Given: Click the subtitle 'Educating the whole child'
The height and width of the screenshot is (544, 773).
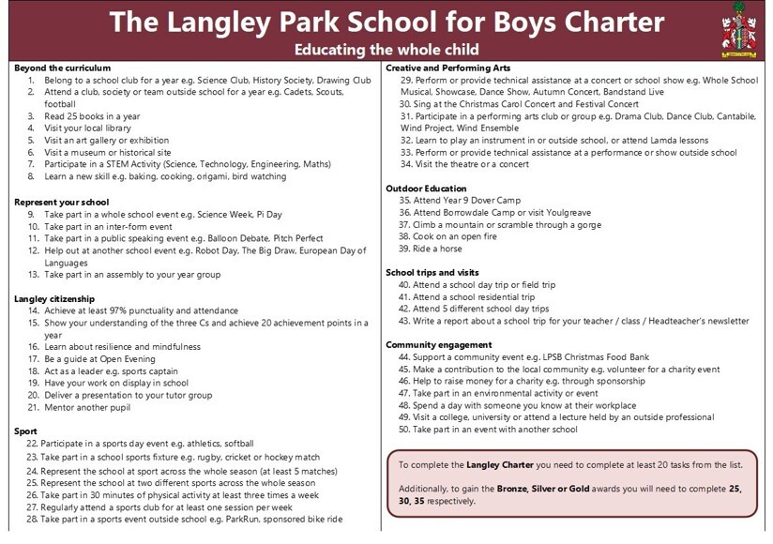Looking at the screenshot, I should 386,49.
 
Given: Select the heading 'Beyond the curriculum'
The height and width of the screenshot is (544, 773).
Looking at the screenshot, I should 62,68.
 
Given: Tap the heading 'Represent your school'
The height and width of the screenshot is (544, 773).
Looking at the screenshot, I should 62,202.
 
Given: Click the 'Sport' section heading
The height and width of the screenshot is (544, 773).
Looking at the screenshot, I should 26,431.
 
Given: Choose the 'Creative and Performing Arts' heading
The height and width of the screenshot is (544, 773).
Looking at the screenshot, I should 448,68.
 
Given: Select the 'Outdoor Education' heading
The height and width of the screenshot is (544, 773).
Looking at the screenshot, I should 426,189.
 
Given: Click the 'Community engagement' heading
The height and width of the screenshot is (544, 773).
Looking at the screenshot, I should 438,345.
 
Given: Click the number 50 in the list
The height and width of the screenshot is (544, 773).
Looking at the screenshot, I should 405,430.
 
